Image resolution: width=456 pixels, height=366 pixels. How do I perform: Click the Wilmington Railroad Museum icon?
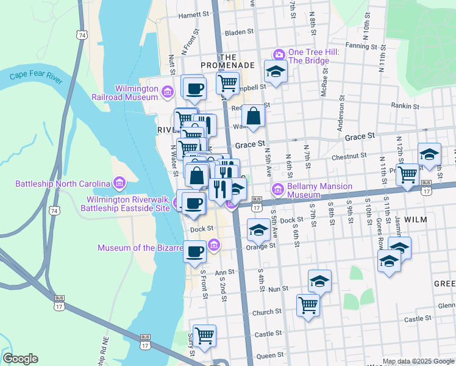[168, 92]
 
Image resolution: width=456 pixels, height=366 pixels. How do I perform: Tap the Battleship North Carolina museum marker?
[119, 183]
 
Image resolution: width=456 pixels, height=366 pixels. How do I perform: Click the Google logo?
[20, 359]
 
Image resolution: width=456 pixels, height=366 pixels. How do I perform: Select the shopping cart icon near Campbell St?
[227, 82]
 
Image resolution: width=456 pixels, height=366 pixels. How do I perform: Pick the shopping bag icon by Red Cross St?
[253, 115]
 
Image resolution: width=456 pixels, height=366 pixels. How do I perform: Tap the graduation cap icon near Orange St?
[258, 231]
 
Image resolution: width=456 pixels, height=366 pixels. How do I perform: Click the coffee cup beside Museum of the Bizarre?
[194, 251]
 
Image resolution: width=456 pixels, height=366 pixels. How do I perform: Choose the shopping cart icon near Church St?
[308, 304]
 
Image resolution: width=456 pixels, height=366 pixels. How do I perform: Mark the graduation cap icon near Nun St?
[319, 281]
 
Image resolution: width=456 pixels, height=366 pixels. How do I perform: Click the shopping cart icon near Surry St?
[204, 335]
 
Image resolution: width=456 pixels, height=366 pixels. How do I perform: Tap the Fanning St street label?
[361, 46]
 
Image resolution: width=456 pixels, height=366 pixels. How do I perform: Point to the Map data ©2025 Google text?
[418, 361]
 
